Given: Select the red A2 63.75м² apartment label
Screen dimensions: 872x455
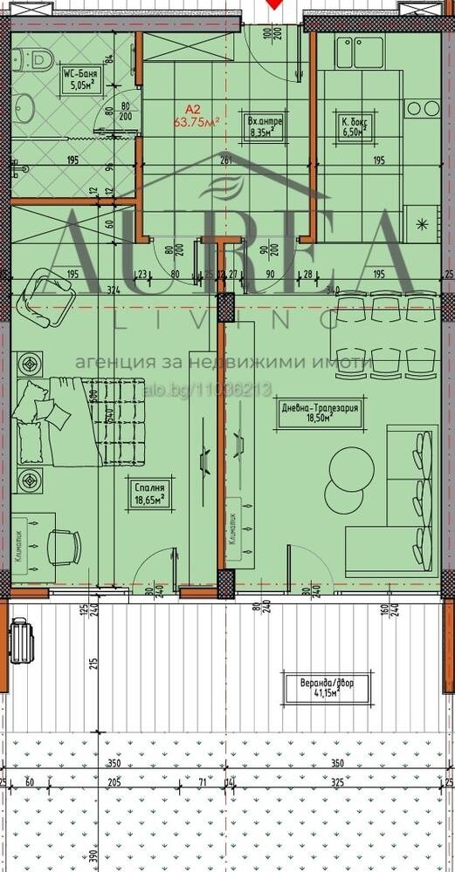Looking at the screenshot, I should (x=194, y=117).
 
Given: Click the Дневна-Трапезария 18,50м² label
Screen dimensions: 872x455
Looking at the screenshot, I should (x=320, y=412).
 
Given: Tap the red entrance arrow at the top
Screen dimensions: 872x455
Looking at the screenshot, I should (x=277, y=4).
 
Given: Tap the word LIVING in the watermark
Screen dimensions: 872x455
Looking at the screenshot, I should (x=227, y=322).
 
